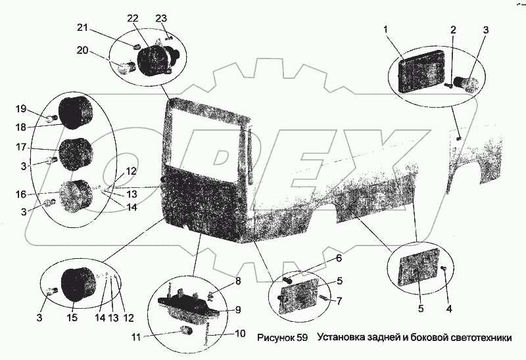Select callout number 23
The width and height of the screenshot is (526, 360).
coord(160,18)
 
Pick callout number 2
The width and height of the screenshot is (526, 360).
coord(452,30)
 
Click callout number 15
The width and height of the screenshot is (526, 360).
coord(72,318)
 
